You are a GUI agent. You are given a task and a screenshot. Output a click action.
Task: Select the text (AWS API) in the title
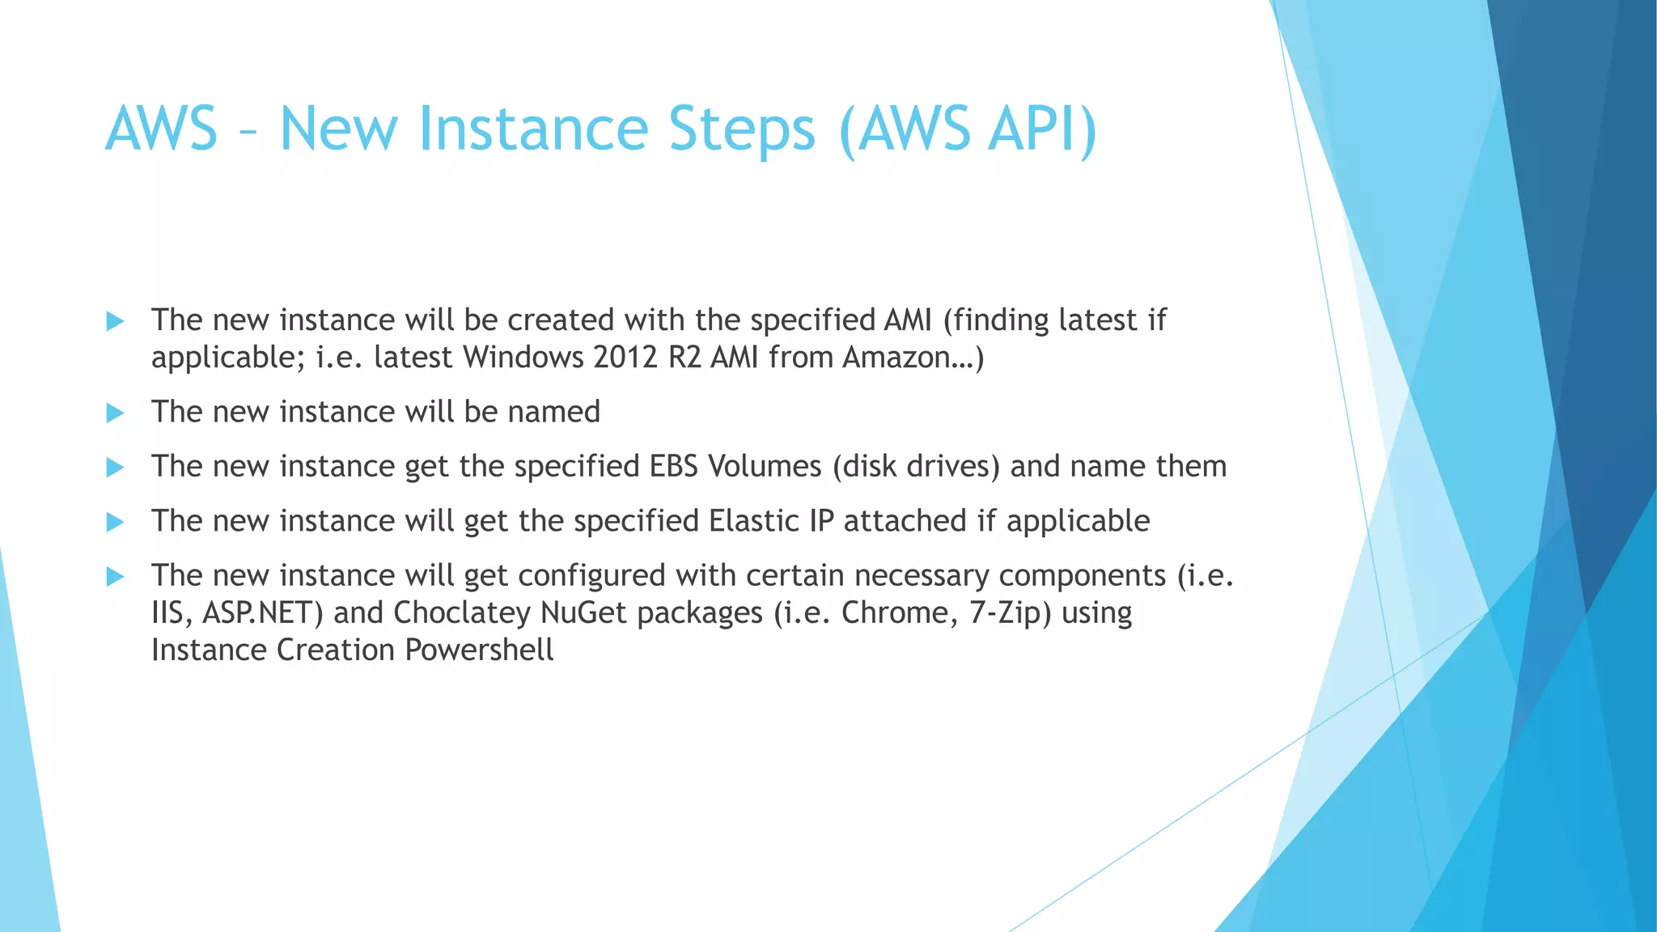968,129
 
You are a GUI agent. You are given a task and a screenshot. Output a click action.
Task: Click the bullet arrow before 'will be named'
115,413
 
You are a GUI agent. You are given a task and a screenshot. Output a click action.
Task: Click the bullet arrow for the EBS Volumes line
115,468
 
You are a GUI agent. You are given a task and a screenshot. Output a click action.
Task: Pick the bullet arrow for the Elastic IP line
115,522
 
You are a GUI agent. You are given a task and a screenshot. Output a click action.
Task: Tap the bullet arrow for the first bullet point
115,321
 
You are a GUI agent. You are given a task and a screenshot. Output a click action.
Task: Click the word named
553,413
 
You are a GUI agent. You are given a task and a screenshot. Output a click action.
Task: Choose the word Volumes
765,467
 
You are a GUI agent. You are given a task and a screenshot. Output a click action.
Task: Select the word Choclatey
461,613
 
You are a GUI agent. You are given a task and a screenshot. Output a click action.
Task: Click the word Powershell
479,650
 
